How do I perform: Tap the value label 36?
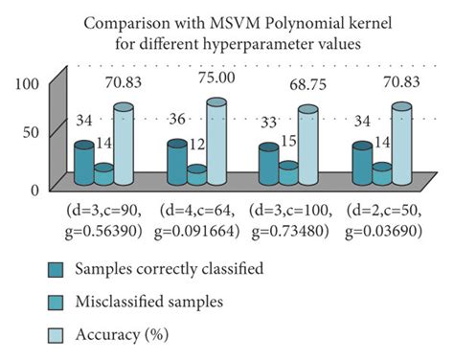[x=177, y=122]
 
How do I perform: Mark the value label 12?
[x=198, y=144]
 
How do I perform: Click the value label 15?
[x=291, y=141]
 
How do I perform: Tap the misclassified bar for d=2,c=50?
[x=380, y=174]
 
